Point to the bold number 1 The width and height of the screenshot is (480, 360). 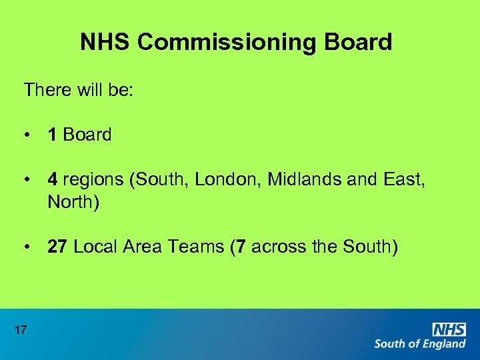[52, 135]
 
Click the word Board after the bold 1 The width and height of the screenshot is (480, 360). [87, 135]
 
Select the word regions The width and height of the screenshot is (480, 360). [93, 180]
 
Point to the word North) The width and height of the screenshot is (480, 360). [73, 201]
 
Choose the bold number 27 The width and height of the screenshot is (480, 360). [57, 247]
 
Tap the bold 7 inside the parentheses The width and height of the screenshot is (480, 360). [241, 247]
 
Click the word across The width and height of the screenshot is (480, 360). [280, 247]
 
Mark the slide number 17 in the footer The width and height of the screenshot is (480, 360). [20, 329]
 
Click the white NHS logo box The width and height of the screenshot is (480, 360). [449, 329]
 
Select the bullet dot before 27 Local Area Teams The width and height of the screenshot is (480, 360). [27, 247]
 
